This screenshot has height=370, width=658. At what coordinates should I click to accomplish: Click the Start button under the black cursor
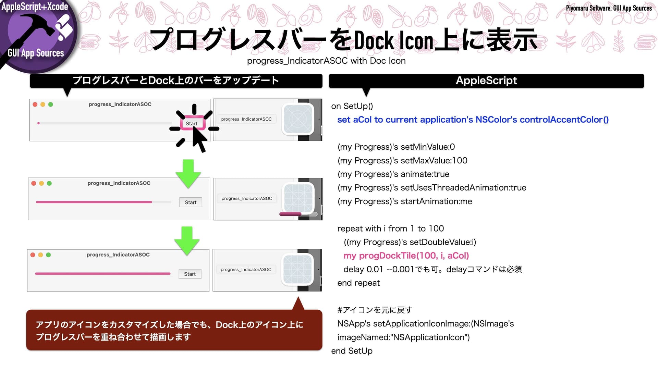[192, 123]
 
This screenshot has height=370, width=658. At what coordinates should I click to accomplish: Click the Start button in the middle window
[191, 202]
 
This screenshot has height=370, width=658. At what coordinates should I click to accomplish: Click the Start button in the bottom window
[190, 274]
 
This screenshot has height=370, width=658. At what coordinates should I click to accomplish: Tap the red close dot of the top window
[35, 104]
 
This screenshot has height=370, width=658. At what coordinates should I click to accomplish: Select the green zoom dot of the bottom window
[48, 255]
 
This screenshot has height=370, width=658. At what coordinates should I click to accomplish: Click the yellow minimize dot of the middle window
[41, 183]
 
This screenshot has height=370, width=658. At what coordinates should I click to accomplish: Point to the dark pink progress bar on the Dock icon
[290, 214]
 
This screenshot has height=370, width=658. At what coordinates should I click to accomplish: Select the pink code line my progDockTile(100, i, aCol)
[406, 256]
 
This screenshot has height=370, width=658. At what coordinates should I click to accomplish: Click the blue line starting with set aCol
[473, 120]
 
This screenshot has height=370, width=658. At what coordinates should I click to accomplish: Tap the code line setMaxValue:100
[402, 161]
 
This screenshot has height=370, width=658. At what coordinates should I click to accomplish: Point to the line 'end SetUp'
[352, 351]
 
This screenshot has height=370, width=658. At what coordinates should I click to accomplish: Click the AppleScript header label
[486, 81]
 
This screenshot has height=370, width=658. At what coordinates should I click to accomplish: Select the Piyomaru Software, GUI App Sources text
[609, 8]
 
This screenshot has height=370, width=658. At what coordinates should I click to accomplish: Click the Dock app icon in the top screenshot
[297, 119]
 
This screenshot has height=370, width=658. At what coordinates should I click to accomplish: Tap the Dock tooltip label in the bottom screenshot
[246, 270]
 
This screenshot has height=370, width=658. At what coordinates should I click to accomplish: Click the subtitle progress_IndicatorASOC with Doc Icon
[326, 61]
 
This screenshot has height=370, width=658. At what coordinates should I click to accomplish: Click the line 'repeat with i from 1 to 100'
[390, 229]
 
